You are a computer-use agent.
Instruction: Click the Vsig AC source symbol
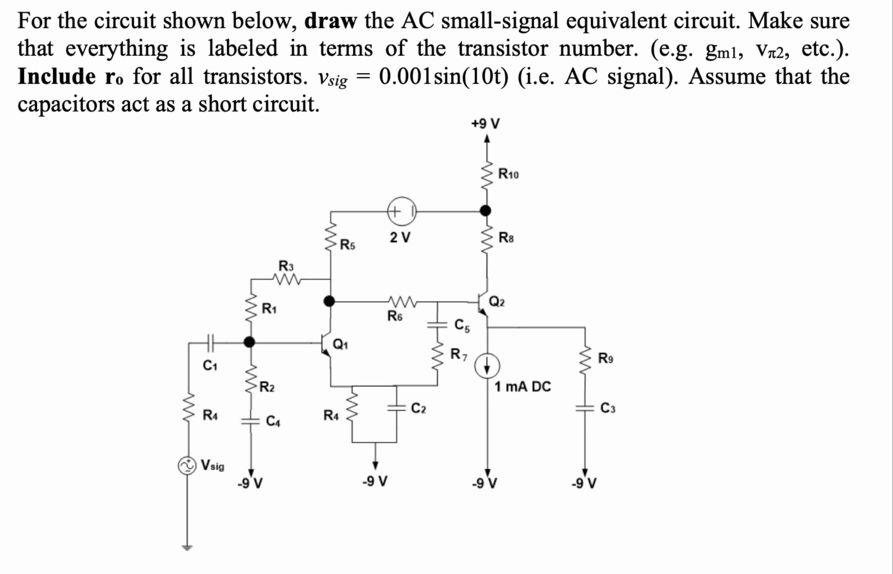(x=186, y=466)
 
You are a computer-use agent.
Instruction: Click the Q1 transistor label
(x=340, y=344)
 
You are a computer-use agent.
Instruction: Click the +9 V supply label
(x=485, y=123)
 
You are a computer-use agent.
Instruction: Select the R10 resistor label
(x=508, y=174)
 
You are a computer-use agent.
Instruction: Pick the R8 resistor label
(x=506, y=237)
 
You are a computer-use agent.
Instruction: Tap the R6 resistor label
(x=395, y=316)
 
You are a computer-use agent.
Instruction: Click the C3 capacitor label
(x=607, y=408)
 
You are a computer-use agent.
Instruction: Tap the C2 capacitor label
(x=418, y=408)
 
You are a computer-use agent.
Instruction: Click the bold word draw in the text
(x=330, y=21)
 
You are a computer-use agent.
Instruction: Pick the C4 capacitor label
(x=273, y=421)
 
